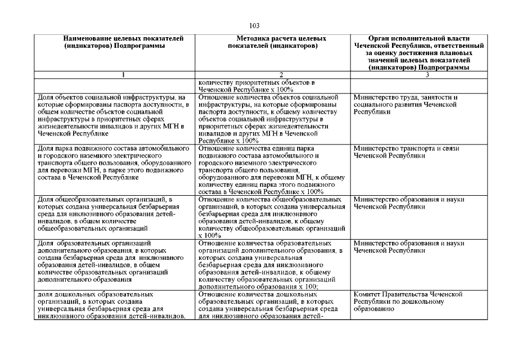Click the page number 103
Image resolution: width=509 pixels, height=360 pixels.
[x=254, y=26]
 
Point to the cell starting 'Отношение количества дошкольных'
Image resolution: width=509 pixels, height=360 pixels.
[x=272, y=305]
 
